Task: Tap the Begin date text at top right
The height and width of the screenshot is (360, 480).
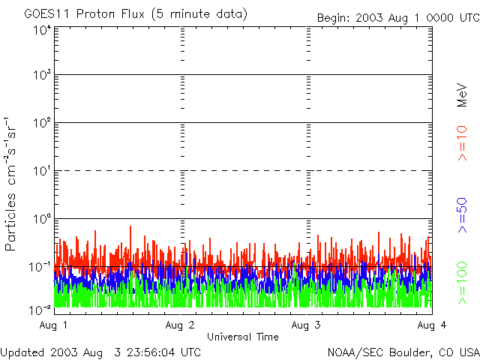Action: coord(397,17)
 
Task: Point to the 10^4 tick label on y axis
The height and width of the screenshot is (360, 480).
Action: coord(41,30)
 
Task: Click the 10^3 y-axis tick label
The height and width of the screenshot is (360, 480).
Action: coord(41,76)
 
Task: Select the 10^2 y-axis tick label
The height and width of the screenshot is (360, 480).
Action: coord(41,123)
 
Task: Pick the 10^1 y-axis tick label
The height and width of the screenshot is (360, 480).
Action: coord(41,171)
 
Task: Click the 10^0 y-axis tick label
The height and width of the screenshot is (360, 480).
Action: coord(41,219)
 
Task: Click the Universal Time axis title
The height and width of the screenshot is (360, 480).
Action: coord(243,337)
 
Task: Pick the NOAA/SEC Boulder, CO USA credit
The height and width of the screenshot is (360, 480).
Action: coord(403,352)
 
